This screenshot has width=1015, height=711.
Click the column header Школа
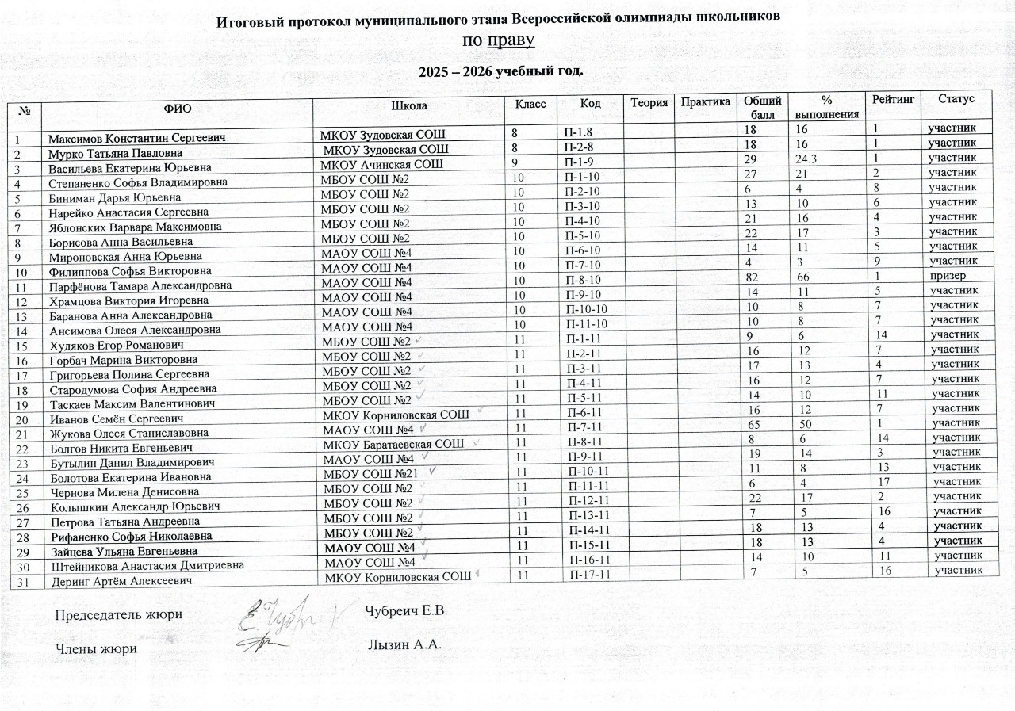tap(409, 105)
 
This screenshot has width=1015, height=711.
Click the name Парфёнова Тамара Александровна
tap(140, 285)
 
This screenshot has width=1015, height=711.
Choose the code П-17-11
tap(589, 574)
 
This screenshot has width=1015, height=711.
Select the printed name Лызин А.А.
tap(404, 644)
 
